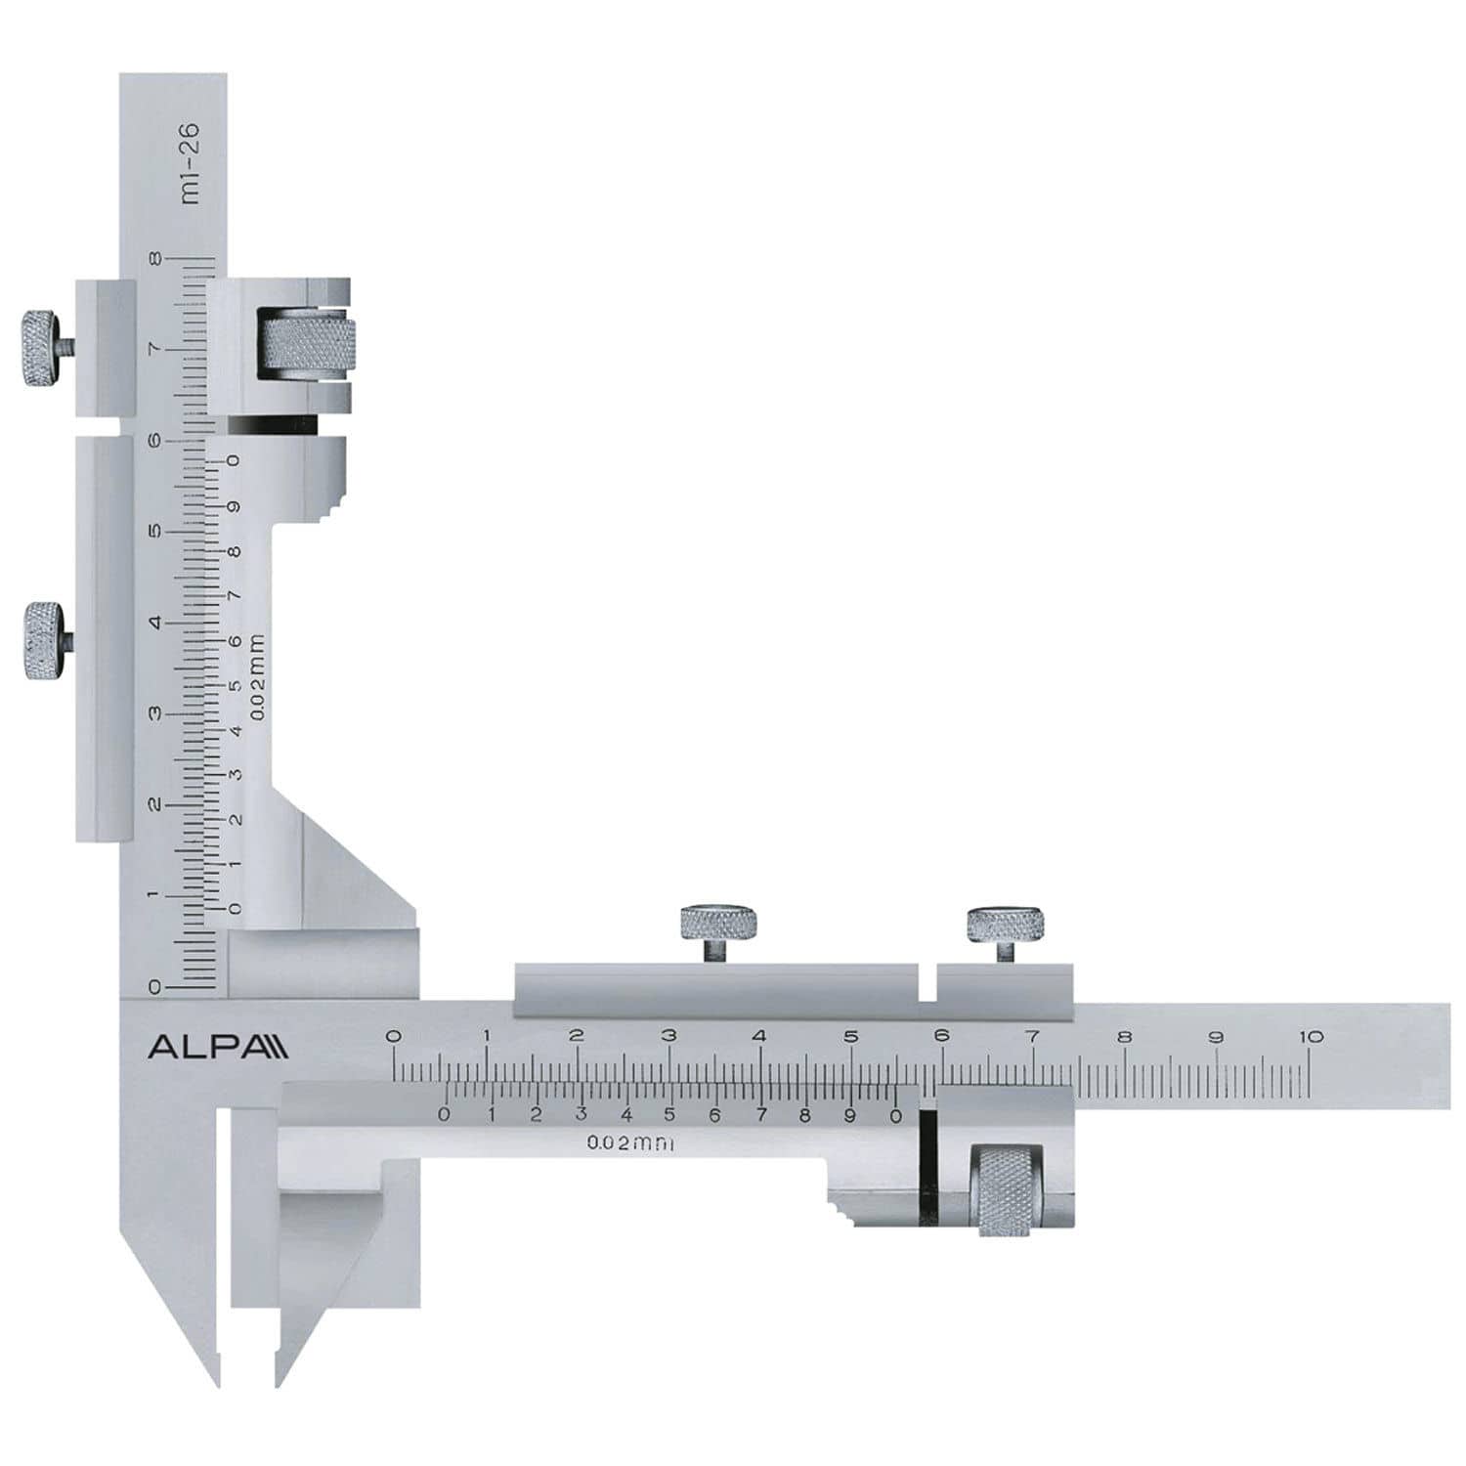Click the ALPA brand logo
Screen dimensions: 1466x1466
point(217,1047)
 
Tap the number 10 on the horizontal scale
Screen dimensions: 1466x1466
point(1311,1037)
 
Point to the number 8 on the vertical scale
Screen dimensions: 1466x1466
point(155,259)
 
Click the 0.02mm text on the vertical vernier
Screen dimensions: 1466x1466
point(257,676)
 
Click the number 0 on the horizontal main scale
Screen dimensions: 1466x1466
point(393,1037)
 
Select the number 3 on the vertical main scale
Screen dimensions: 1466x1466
point(154,713)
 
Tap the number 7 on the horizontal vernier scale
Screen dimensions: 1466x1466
point(760,1115)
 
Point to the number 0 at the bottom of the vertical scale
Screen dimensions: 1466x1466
point(154,987)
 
